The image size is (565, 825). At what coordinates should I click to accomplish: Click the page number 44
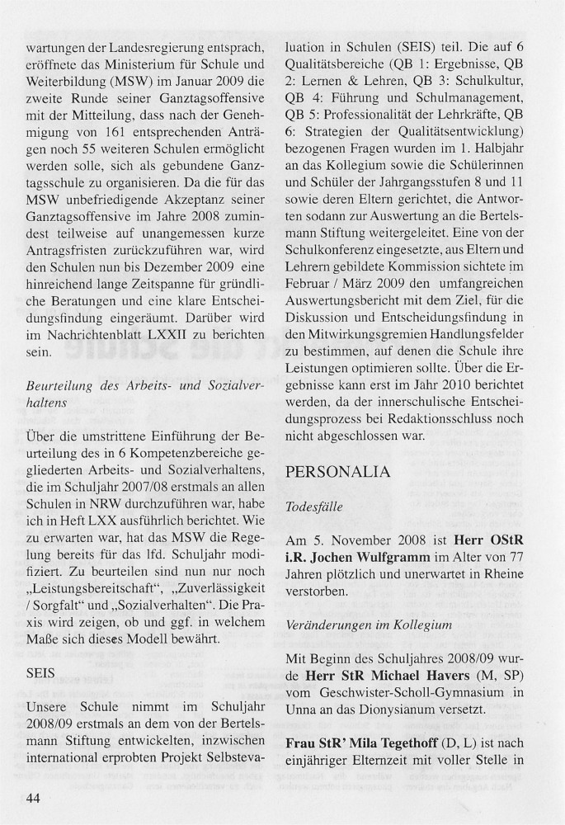[x=36, y=799]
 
